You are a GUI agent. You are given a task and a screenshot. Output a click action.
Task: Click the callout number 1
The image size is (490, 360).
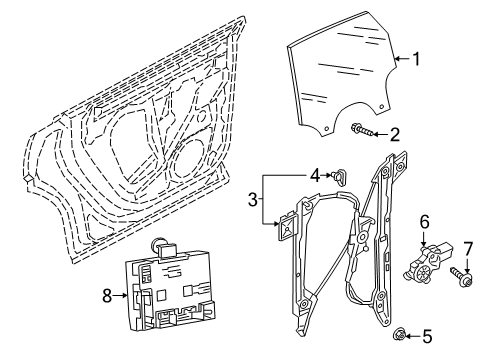pos(416,59)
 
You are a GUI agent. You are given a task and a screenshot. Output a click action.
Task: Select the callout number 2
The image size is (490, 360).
pos(394,135)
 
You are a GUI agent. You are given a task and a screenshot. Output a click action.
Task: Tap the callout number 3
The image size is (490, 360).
pos(253,200)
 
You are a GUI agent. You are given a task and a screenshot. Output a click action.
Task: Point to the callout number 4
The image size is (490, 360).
pos(315,175)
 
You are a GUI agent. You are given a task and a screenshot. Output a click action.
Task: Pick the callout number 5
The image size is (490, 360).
pos(427,336)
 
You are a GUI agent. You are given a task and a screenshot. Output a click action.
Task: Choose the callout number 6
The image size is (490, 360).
pos(424,222)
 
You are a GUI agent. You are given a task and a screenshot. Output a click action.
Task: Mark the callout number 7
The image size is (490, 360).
pos(468,249)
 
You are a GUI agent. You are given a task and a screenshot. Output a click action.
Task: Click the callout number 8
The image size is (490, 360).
pos(107,295)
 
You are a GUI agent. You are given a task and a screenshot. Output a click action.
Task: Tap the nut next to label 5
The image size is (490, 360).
pos(399,334)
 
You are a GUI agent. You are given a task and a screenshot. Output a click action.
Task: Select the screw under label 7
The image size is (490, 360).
pos(461,275)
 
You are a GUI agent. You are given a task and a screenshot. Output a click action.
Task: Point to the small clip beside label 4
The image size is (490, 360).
pos(339,176)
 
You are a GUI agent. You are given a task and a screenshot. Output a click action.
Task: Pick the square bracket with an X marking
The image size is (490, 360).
pos(288,226)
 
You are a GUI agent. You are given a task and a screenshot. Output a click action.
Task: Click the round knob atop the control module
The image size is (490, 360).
pos(157,244)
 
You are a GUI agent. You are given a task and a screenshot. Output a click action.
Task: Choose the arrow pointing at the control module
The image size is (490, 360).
pos(119,295)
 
